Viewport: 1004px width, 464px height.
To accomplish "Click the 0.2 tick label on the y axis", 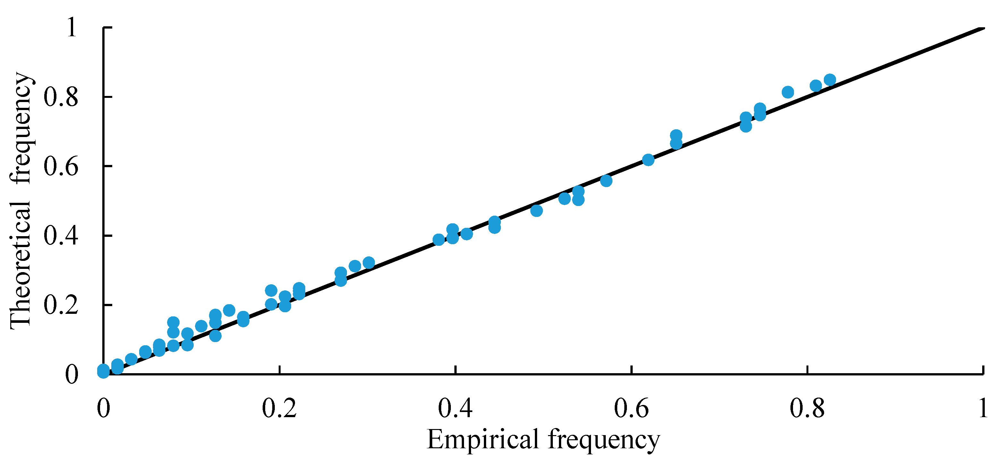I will pos(61,305).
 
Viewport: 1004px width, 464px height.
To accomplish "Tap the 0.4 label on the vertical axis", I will pos(61,236).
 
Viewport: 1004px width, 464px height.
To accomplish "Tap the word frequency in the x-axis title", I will pos(604,441).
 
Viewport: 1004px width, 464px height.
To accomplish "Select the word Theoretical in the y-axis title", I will pos(20,265).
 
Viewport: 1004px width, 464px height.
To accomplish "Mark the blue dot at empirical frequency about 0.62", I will pos(648,160).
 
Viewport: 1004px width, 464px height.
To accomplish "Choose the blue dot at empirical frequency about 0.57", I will pos(606,181).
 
